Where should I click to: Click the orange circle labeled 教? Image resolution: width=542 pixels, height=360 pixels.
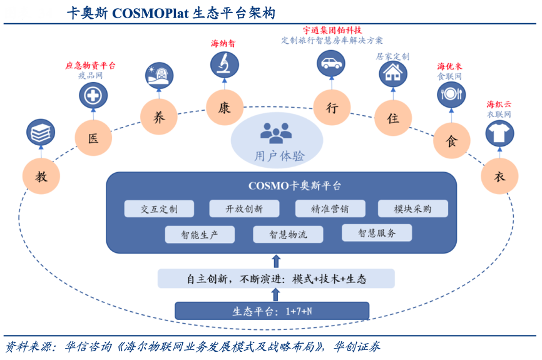click(x=41, y=176)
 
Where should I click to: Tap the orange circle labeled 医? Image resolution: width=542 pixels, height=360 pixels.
click(x=93, y=138)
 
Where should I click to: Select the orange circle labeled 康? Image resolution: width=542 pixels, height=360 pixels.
click(x=224, y=108)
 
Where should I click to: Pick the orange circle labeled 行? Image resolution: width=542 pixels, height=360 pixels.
click(x=332, y=108)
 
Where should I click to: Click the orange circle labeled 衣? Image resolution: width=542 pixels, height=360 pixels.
click(x=499, y=176)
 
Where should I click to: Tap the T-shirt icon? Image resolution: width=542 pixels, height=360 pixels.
click(x=499, y=133)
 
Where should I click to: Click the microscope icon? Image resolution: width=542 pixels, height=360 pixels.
click(x=223, y=64)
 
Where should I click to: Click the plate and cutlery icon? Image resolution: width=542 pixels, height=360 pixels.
click(x=451, y=95)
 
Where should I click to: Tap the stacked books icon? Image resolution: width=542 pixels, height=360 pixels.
click(x=41, y=133)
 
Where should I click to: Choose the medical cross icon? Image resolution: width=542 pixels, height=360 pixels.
click(x=93, y=96)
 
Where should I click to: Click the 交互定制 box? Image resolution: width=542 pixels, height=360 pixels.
click(x=159, y=209)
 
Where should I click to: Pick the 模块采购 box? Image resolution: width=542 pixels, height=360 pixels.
click(x=413, y=209)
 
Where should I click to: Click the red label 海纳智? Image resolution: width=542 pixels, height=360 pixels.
click(x=223, y=44)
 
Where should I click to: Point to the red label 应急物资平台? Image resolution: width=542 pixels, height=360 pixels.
click(x=91, y=65)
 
